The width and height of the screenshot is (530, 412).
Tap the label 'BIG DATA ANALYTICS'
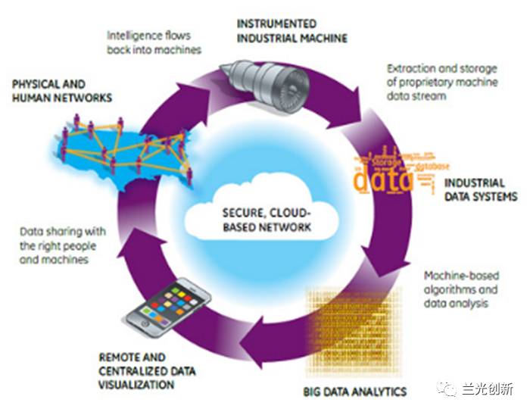click(x=354, y=392)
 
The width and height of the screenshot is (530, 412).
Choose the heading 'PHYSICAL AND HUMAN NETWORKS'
click(x=62, y=91)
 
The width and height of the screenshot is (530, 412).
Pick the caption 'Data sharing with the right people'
click(x=62, y=245)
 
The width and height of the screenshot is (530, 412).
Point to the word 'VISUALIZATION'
click(x=136, y=385)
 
